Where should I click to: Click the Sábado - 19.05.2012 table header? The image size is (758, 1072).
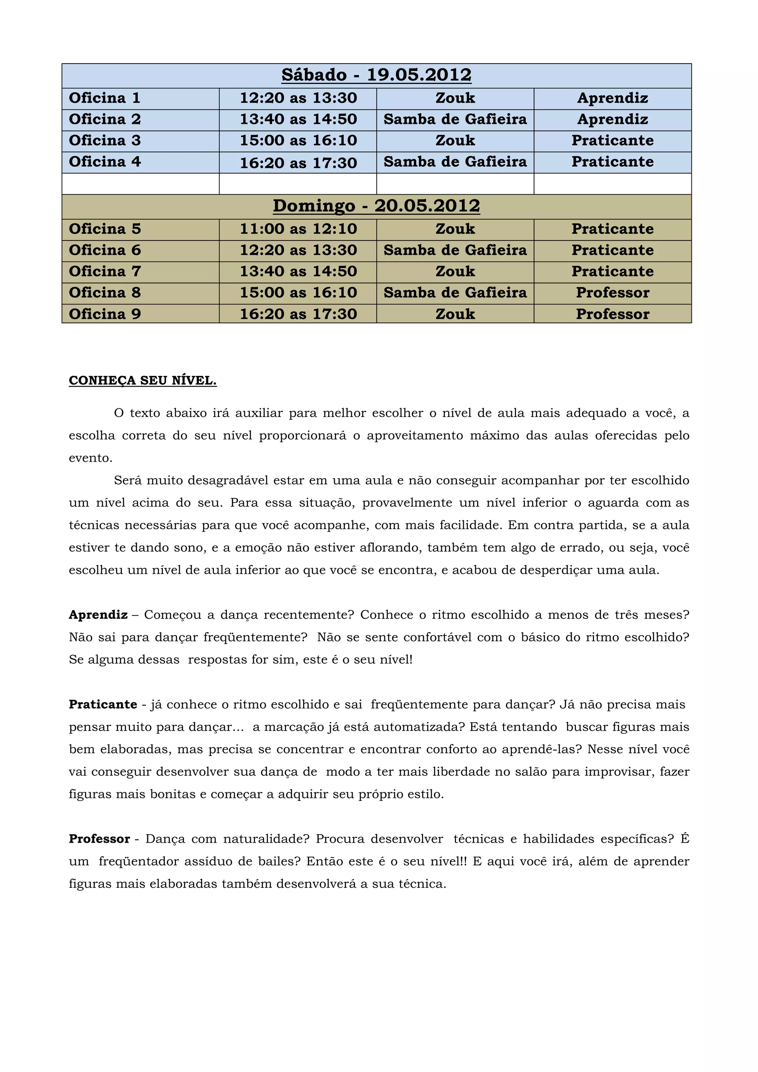coord(376,75)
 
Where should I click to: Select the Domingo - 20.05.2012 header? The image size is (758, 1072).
coord(376,206)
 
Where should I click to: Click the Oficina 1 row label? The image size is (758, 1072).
coord(105,98)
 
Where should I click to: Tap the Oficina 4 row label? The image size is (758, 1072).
coord(105,162)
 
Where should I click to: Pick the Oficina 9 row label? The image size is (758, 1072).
coord(105,314)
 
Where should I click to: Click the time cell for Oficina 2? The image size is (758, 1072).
coord(298,119)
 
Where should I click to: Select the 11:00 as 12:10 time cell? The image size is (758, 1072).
coord(298,229)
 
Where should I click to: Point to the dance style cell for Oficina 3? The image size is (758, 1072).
coord(455,141)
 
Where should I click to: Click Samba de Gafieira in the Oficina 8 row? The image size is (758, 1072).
coord(455,293)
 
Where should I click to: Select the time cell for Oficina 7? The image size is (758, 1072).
coord(298,271)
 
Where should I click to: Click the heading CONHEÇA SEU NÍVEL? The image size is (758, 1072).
coord(142,381)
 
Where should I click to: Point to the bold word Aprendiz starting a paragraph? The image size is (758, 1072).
coord(98,615)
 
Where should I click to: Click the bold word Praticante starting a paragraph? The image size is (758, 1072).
coord(103,705)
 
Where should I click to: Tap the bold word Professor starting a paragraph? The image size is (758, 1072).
coord(99,839)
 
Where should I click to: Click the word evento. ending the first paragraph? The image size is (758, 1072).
coord(91,458)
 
